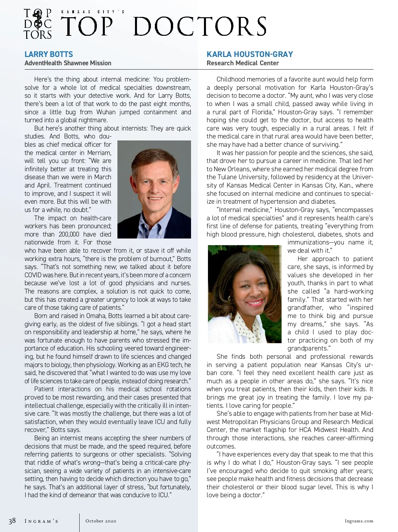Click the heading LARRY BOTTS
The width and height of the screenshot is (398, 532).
coord(49,54)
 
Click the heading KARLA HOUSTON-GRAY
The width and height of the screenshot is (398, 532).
coord(250,54)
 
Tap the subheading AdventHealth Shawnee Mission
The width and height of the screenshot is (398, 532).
coord(68,63)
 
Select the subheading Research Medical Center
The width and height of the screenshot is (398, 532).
coord(242,63)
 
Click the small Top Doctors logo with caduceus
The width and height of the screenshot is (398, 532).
coord(38,24)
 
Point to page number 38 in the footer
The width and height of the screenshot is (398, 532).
coord(12,521)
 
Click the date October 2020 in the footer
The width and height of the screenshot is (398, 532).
coord(101,521)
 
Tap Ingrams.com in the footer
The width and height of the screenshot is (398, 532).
coord(359,521)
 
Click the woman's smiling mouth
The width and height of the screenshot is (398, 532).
coord(254,302)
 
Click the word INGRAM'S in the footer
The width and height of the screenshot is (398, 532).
coord(41,521)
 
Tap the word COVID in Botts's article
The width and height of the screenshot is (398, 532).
coord(33,275)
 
